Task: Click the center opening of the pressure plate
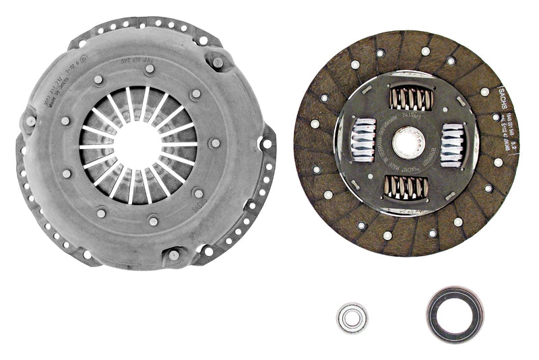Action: (x=138, y=144)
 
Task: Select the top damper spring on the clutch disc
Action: (x=410, y=99)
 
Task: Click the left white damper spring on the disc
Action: (x=363, y=140)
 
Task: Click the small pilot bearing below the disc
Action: (x=352, y=318)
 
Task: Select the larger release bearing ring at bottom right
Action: (x=455, y=314)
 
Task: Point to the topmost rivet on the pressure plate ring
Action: (x=150, y=68)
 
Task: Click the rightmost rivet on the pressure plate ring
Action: (x=214, y=143)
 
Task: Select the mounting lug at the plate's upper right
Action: (x=218, y=63)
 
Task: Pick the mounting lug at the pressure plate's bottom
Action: (x=174, y=255)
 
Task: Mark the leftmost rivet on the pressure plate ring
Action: (x=65, y=121)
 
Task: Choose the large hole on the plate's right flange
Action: (x=267, y=144)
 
